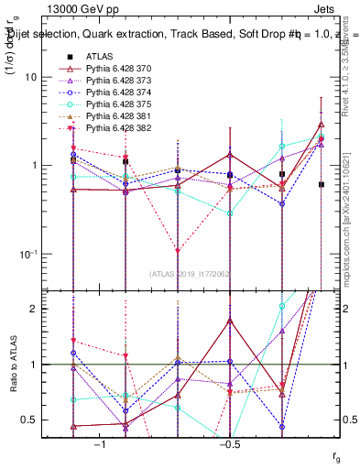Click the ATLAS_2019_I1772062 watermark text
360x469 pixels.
coord(191,274)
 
